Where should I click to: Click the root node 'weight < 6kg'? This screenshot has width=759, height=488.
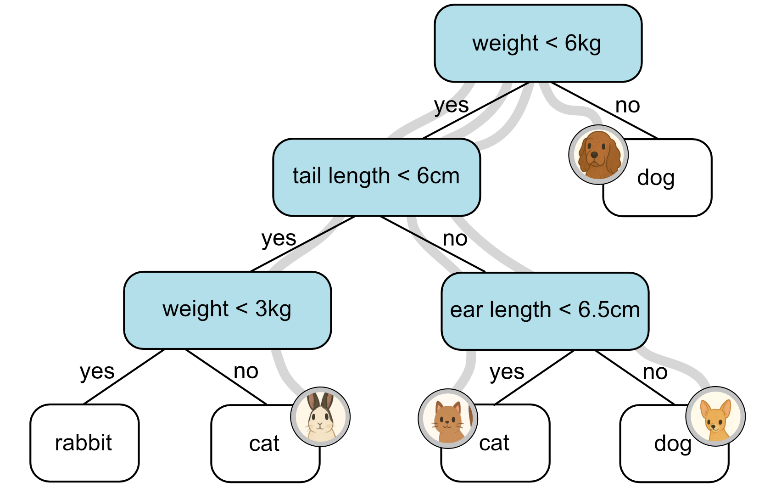click(537, 44)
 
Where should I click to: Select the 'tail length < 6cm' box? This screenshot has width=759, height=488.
click(376, 177)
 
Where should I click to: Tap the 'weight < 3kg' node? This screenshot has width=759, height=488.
click(227, 310)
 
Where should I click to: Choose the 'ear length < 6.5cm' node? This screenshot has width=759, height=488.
click(545, 311)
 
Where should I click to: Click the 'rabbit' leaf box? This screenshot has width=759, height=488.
click(84, 443)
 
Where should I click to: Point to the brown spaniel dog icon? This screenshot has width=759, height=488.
click(598, 155)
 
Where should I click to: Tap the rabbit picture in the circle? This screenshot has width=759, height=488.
click(320, 417)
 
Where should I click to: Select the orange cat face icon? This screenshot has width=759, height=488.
click(448, 419)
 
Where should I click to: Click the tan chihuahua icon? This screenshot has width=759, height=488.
click(715, 417)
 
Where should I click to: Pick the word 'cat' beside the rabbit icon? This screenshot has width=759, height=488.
click(264, 443)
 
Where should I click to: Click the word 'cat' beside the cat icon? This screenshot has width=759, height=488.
click(494, 443)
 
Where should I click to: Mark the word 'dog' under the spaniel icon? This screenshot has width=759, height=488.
click(656, 178)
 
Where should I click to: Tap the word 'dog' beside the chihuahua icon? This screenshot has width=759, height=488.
click(672, 444)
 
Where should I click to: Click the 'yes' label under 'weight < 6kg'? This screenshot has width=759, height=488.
click(451, 106)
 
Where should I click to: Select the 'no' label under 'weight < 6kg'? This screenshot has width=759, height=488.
click(627, 106)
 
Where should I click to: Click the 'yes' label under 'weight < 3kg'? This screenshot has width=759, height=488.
click(97, 371)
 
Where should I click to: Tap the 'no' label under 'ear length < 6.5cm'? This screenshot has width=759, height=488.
click(655, 372)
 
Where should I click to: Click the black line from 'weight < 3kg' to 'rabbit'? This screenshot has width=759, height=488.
click(124, 376)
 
